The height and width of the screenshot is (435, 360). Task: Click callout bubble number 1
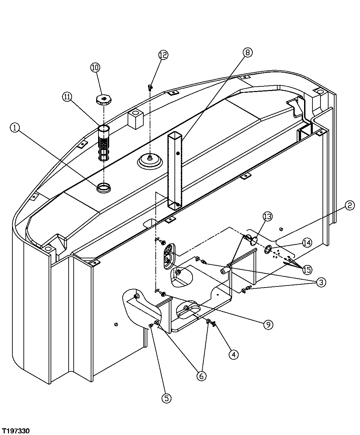click(x=15, y=127)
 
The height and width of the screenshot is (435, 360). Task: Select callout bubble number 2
click(x=349, y=205)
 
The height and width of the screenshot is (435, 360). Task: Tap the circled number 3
click(x=321, y=282)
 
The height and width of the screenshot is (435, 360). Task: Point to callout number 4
click(x=233, y=354)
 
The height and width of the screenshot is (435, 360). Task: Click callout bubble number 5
click(x=166, y=398)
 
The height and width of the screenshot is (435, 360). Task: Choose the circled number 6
click(x=201, y=376)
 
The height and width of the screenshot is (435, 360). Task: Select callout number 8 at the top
click(x=247, y=52)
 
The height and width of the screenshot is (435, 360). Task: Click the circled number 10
click(x=95, y=67)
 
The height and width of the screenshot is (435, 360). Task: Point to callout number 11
click(x=67, y=97)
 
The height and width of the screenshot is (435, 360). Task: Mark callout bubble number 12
click(x=163, y=55)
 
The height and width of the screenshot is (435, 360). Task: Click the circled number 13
click(x=268, y=216)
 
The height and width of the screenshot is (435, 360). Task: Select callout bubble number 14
click(x=307, y=243)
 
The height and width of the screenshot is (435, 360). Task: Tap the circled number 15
click(x=307, y=269)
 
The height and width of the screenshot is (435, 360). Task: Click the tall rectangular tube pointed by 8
click(x=175, y=171)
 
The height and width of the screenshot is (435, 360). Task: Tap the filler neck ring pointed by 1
click(x=104, y=188)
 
